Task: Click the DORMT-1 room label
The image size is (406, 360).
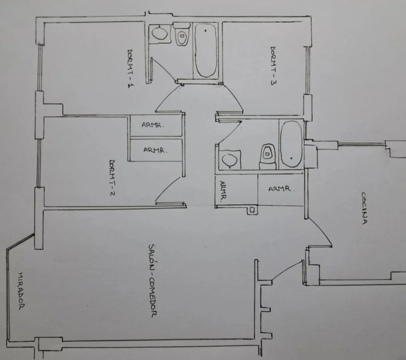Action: point(131,68)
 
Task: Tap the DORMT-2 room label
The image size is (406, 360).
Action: point(112,178)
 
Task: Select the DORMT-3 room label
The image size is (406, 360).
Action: point(273,66)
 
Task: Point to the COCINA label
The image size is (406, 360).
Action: point(365,208)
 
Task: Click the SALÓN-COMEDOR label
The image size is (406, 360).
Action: point(152,281)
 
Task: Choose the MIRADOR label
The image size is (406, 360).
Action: point(21,291)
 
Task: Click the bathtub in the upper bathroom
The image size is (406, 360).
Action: point(206,50)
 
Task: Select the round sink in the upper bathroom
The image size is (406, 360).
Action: point(160,33)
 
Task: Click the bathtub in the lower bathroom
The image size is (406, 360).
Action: point(292,144)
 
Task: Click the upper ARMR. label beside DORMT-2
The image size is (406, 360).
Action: point(153,125)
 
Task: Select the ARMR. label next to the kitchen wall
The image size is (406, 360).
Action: point(281,189)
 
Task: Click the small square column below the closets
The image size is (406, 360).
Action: point(252,210)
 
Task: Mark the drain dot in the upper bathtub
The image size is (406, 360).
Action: point(206,31)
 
